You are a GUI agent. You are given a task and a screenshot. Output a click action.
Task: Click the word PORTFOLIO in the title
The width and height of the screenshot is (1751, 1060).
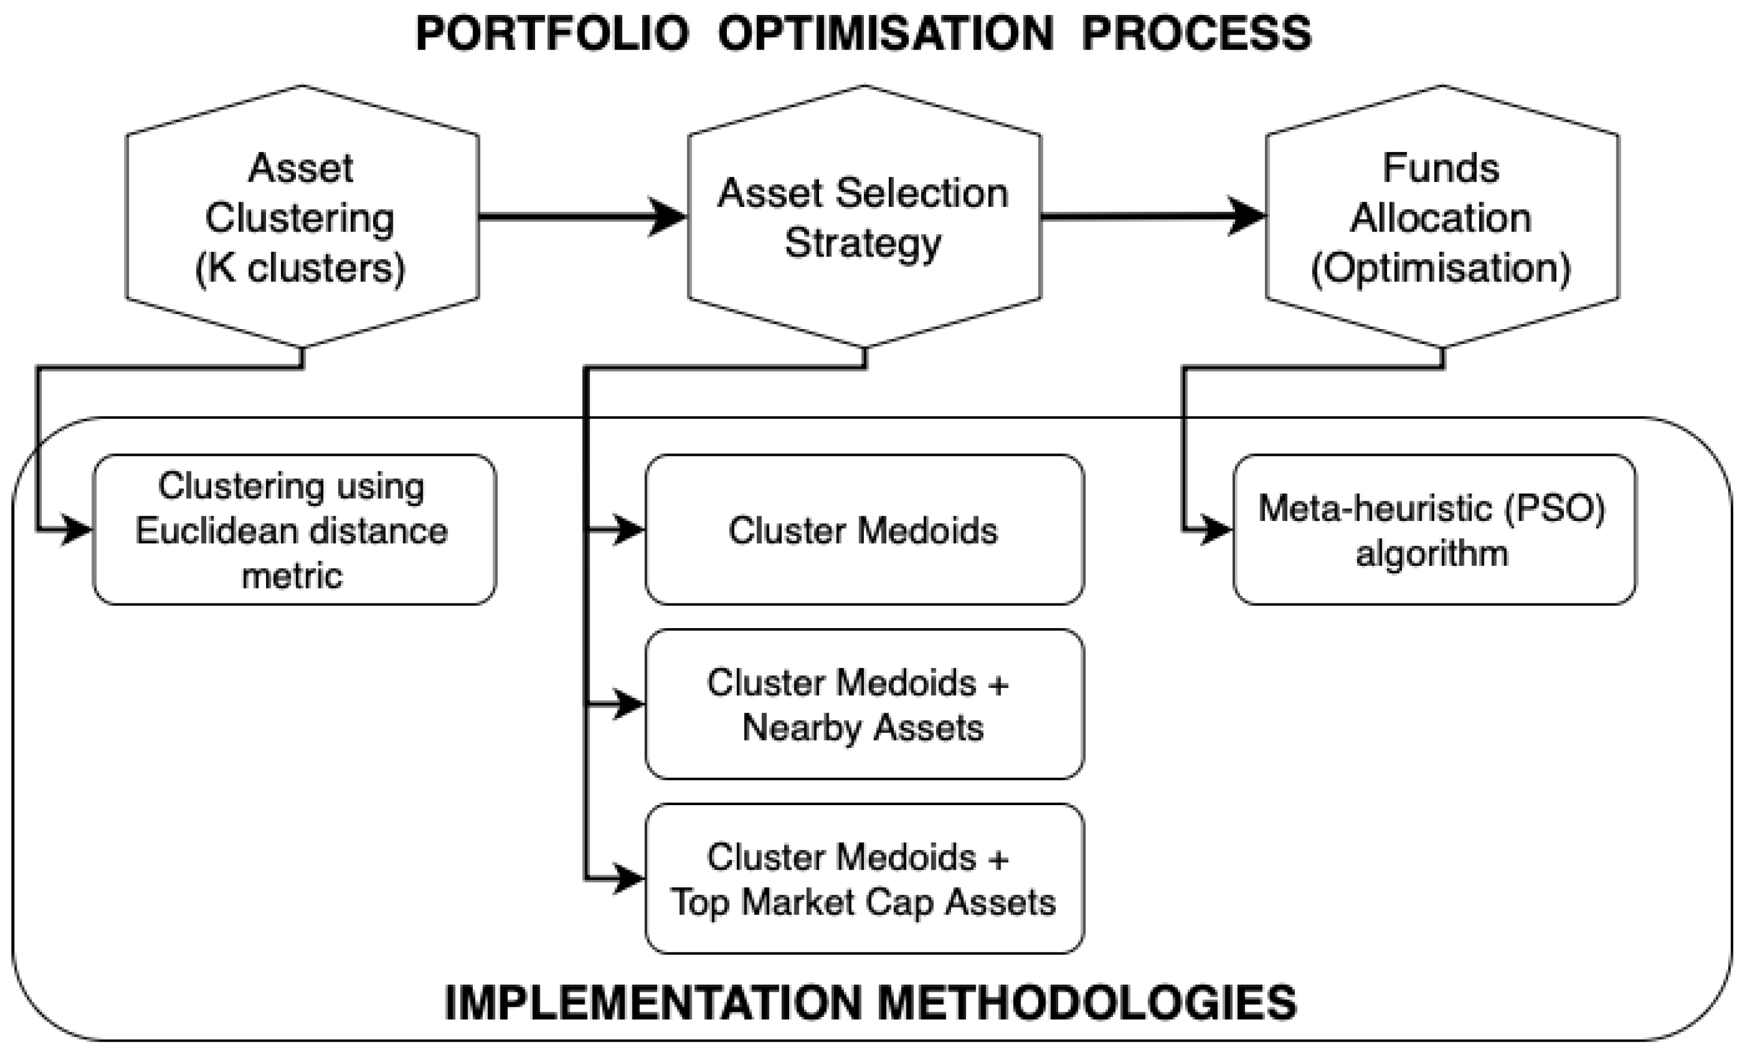(x=552, y=33)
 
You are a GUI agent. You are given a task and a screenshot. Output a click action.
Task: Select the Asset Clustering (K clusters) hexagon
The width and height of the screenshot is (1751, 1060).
(x=302, y=217)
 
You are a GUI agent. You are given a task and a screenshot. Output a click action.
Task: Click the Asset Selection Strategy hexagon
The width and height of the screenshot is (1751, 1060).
(x=864, y=217)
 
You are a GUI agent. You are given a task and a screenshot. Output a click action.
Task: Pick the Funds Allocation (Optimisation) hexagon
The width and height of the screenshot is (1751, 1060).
(x=1442, y=217)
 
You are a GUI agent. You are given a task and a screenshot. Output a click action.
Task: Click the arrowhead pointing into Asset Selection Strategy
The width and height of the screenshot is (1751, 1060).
(x=668, y=217)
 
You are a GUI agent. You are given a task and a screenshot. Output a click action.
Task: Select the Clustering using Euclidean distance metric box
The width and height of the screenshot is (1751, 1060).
(x=294, y=529)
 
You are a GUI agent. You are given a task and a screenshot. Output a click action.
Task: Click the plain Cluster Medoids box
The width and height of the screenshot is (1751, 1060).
(x=864, y=529)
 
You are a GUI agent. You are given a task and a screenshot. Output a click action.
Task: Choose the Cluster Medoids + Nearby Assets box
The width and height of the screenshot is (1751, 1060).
(x=864, y=704)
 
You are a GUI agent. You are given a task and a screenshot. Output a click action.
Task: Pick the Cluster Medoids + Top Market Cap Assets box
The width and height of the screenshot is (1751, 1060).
(x=864, y=879)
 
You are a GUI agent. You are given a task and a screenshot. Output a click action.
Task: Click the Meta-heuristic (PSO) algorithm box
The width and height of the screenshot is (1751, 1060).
(x=1434, y=529)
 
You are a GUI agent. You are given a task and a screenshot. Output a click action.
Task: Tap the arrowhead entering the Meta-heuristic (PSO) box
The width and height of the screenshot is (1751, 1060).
(x=1215, y=529)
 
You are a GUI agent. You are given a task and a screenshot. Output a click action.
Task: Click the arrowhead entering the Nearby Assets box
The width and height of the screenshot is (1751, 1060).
(x=628, y=705)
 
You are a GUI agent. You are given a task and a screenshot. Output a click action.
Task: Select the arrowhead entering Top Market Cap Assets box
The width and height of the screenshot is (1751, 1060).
(x=628, y=879)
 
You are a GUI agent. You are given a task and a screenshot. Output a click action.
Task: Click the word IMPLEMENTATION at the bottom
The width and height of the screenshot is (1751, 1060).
(x=653, y=1003)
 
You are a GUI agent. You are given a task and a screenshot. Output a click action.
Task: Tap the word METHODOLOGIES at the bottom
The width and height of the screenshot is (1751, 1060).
(x=1087, y=1003)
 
